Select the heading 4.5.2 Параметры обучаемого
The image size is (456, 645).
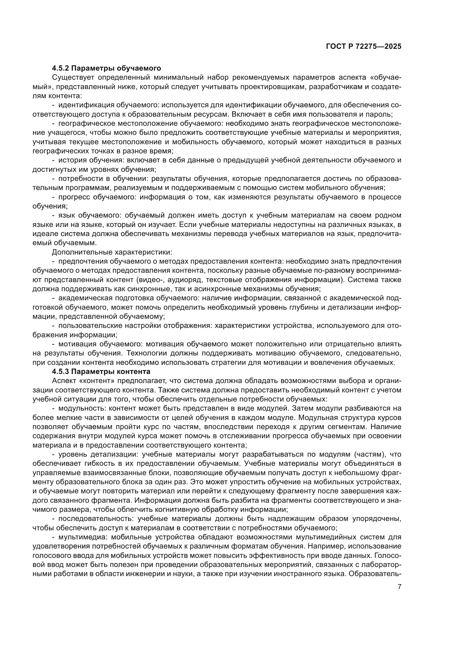106,68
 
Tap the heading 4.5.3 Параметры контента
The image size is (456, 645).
101,371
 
